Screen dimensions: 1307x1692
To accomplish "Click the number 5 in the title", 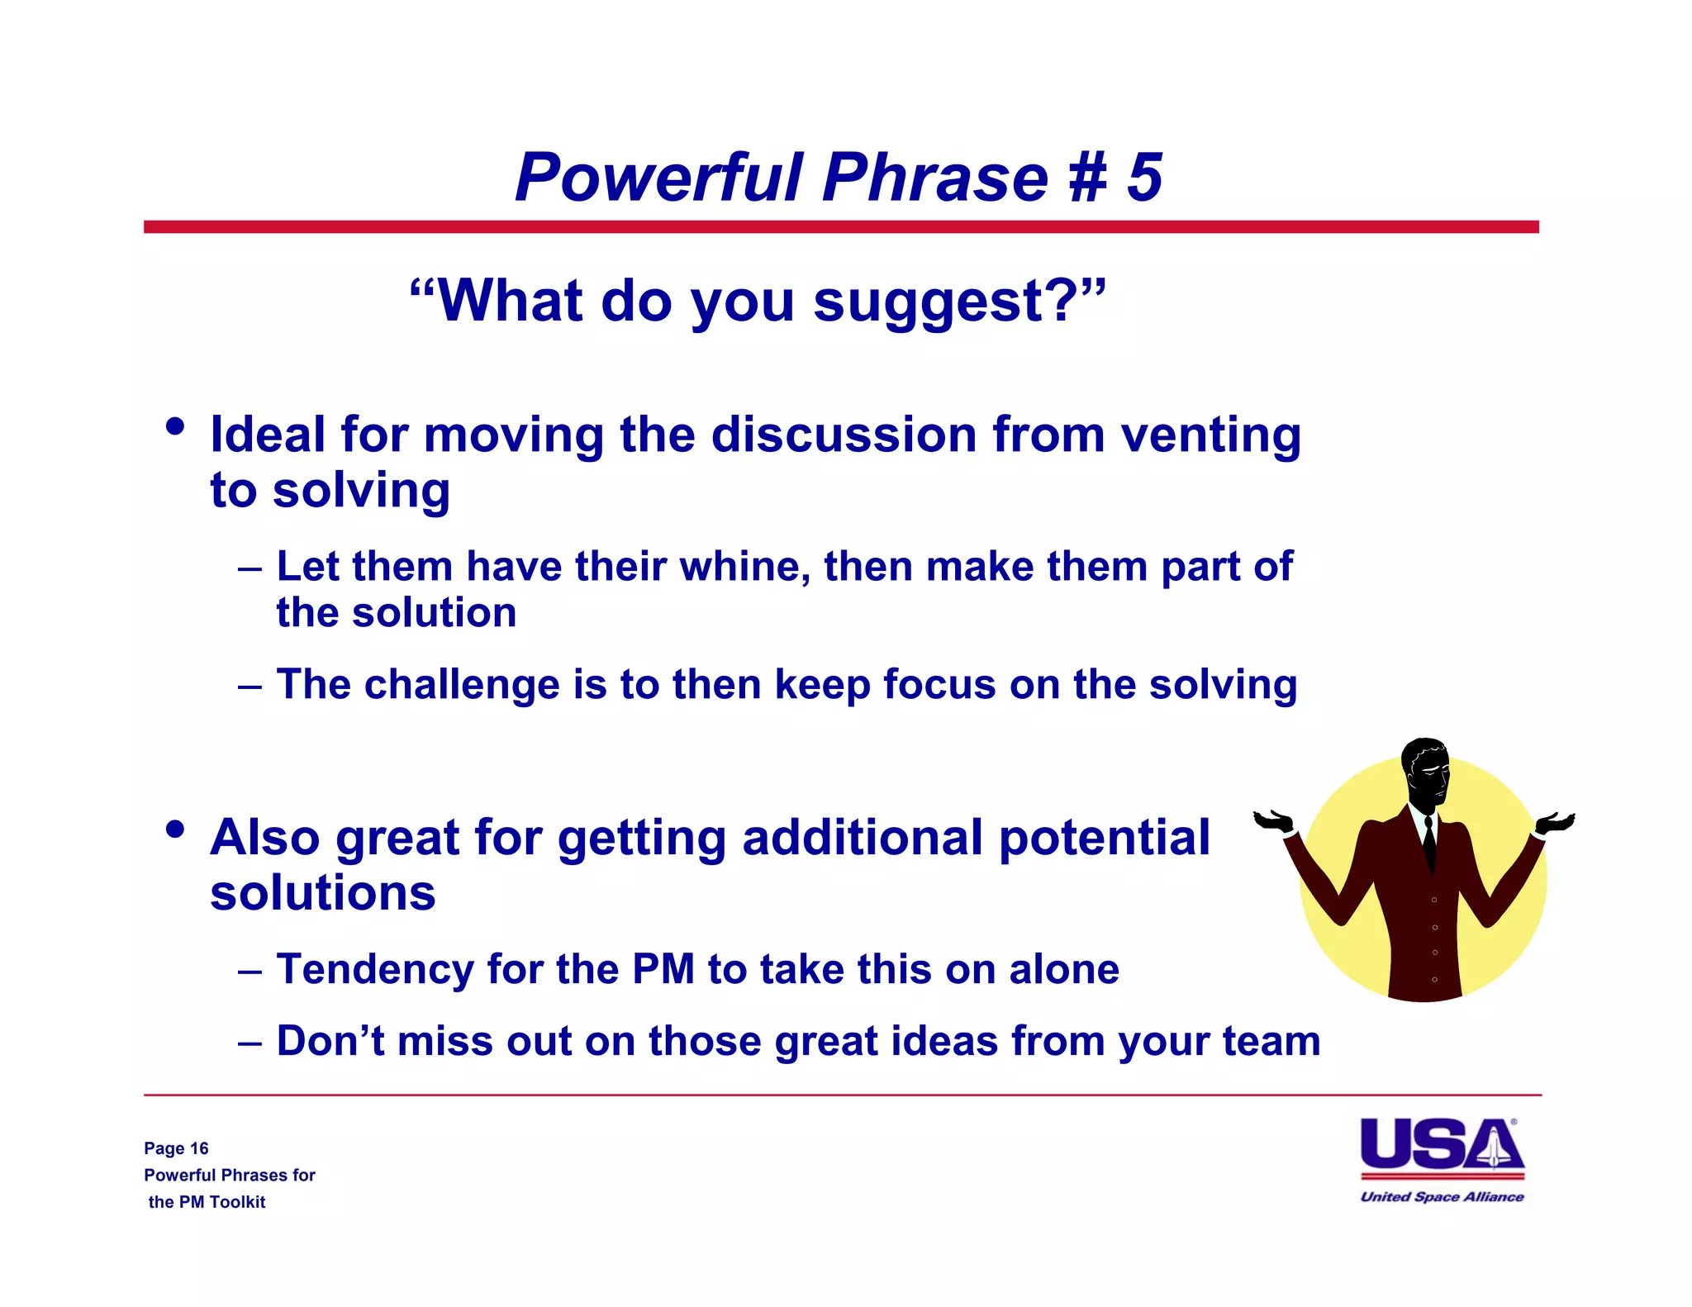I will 1145,178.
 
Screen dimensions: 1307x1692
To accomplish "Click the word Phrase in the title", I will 934,178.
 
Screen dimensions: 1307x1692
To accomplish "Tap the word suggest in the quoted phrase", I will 929,303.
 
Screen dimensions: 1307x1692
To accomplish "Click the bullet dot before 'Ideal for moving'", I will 175,427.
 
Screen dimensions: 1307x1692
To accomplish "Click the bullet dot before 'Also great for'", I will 175,829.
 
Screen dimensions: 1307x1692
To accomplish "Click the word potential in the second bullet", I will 1104,838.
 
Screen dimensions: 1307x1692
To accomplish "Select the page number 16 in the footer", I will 199,1148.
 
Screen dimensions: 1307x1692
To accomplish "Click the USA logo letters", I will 1441,1145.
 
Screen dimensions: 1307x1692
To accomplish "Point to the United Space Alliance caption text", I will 1442,1196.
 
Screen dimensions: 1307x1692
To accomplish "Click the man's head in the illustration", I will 1426,769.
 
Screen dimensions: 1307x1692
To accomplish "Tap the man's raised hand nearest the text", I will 1273,821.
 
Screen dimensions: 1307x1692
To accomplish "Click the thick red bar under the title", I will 841,227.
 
